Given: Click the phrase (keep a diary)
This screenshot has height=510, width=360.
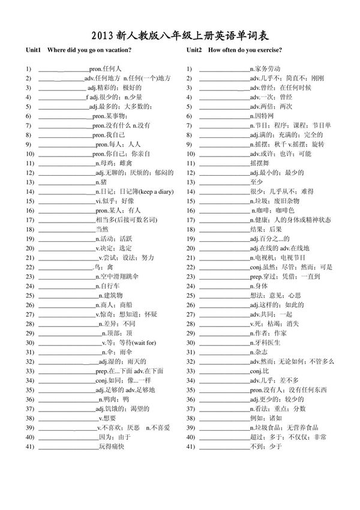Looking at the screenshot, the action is tap(152, 191).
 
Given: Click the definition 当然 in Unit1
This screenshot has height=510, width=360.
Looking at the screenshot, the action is tap(102, 229).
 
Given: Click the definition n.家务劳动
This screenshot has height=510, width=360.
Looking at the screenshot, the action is tap(265, 68).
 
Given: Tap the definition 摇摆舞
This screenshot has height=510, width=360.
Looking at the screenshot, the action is tap(260, 163).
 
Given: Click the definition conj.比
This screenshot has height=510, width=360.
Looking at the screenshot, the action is tap(259, 371).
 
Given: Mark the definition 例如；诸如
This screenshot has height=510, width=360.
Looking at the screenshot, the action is tap(266, 418).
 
